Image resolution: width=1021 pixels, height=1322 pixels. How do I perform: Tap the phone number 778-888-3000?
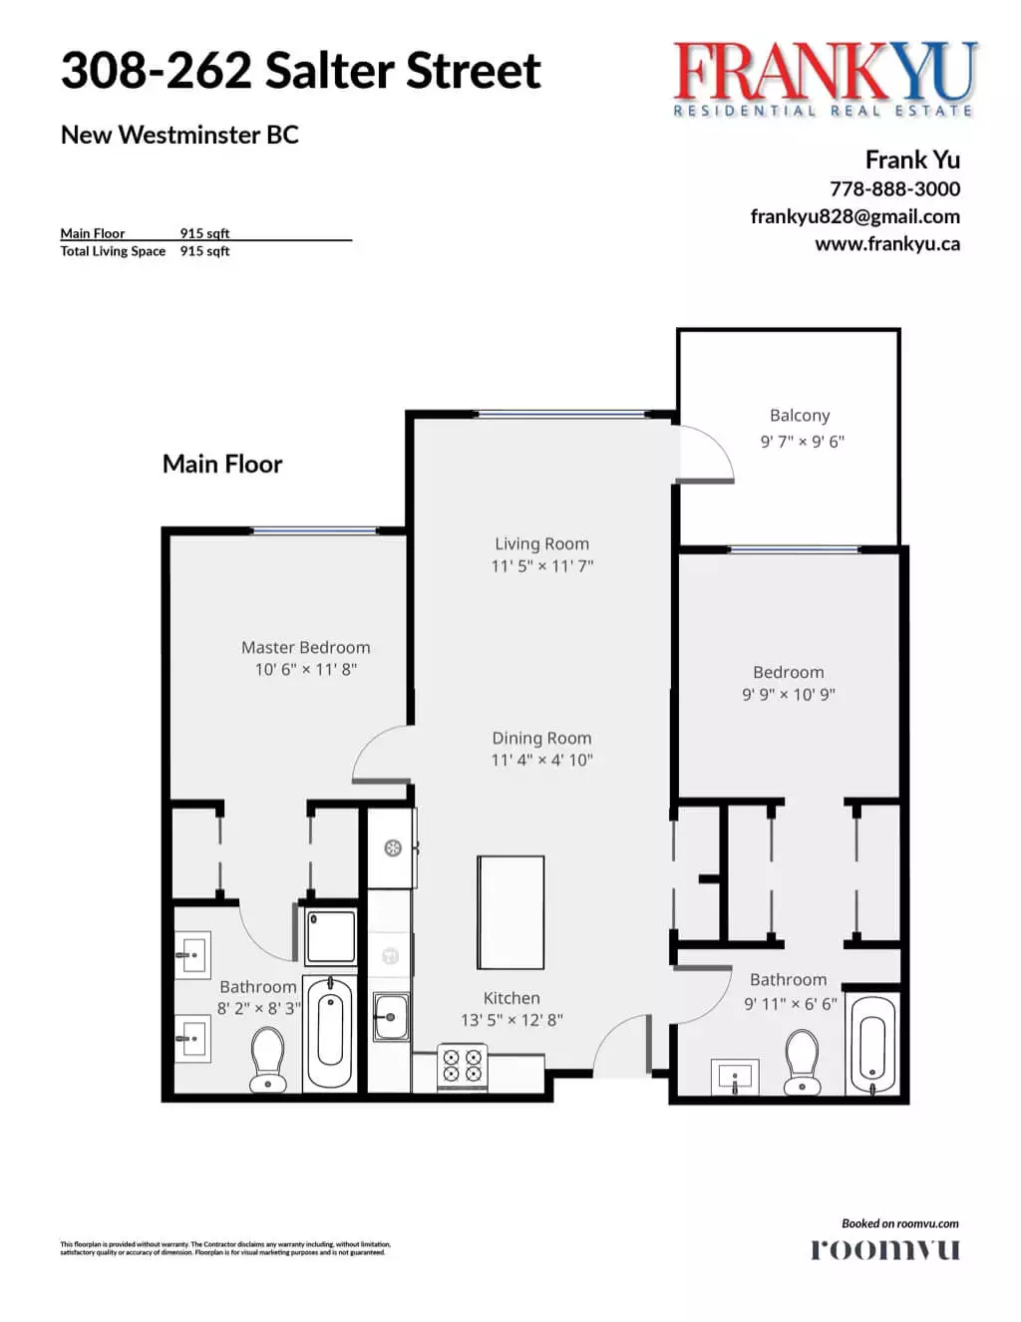pyautogui.click(x=894, y=188)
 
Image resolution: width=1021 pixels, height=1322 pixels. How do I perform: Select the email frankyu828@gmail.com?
pyautogui.click(x=854, y=216)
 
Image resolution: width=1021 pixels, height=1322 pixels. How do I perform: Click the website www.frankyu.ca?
pyautogui.click(x=886, y=243)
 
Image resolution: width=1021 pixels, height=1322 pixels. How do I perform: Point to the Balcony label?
pyautogui.click(x=800, y=416)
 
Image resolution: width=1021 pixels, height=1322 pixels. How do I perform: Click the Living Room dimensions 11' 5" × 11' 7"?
pyautogui.click(x=541, y=566)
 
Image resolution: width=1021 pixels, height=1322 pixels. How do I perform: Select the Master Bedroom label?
pyautogui.click(x=305, y=648)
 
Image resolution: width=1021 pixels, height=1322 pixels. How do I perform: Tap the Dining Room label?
pyautogui.click(x=541, y=739)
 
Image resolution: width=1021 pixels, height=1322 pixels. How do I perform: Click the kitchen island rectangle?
pyautogui.click(x=510, y=912)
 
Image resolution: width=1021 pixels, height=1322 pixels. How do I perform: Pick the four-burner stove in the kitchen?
pyautogui.click(x=463, y=1065)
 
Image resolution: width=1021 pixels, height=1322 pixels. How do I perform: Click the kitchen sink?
pyautogui.click(x=390, y=1017)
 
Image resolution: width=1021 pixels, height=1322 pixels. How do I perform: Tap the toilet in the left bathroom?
pyautogui.click(x=267, y=1060)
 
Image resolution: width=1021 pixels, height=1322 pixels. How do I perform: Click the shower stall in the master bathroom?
pyautogui.click(x=330, y=936)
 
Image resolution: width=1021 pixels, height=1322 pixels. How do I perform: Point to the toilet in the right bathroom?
pyautogui.click(x=802, y=1061)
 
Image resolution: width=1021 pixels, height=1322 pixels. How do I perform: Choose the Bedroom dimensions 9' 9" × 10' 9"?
pyautogui.click(x=788, y=695)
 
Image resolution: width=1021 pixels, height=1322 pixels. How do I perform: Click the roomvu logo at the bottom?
pyautogui.click(x=884, y=1249)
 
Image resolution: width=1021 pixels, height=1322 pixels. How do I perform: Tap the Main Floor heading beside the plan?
pyautogui.click(x=222, y=465)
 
